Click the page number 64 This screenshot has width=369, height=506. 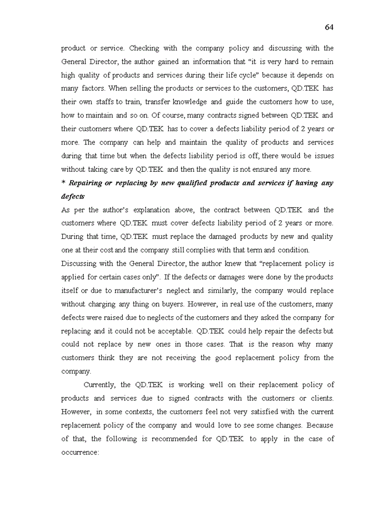coord(329,27)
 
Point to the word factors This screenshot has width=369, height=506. coord(93,88)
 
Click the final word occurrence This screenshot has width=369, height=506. coord(80,452)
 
